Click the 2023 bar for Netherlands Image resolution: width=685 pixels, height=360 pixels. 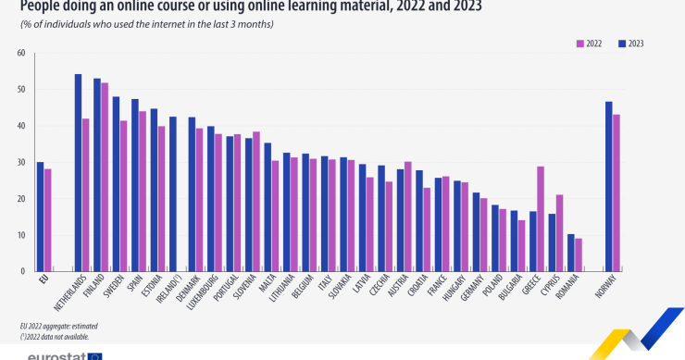click(78, 173)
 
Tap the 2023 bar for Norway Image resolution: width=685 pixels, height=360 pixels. click(609, 186)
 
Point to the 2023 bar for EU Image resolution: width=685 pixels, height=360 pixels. click(40, 217)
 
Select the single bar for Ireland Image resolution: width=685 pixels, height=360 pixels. click(172, 194)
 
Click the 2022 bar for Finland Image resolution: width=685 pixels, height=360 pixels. click(105, 177)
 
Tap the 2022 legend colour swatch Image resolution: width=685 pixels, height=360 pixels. click(580, 43)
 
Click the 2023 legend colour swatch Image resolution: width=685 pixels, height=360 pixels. click(622, 43)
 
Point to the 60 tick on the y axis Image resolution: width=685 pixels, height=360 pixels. click(20, 53)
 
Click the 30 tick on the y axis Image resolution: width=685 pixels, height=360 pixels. click(20, 162)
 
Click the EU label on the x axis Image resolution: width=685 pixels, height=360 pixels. click(42, 279)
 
